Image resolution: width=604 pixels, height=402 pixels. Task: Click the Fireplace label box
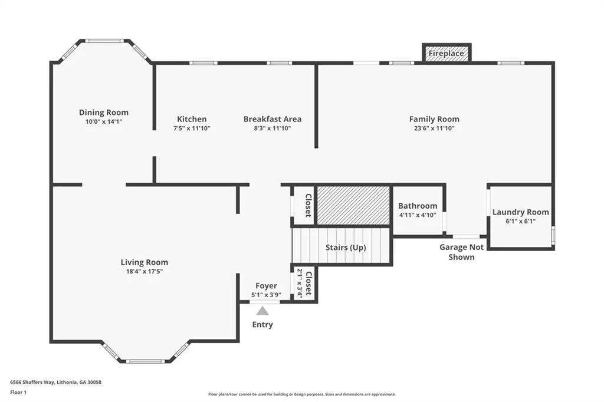pos(447,53)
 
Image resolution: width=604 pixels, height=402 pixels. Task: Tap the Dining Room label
pos(104,113)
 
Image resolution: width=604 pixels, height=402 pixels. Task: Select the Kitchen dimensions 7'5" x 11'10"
pos(192,128)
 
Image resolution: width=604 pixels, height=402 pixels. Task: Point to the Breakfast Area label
pos(273,119)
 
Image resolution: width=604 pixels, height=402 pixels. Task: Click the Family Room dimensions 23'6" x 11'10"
pos(434,128)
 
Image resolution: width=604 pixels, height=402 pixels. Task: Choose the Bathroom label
pos(418,206)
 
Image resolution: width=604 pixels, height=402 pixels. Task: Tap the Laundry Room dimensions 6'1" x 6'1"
pos(520,221)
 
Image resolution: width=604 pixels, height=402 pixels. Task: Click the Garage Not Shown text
pos(461,252)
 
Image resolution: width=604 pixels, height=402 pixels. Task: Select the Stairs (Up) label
pos(346,247)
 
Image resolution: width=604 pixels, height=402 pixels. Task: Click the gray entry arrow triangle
pos(262,311)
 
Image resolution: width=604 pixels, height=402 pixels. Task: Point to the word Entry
pos(262,325)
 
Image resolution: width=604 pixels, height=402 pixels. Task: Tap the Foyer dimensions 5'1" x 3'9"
pos(266,295)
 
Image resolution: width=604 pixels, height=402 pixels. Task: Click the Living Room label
pos(145,262)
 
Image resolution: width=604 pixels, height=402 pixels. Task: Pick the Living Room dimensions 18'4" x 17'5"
pos(145,272)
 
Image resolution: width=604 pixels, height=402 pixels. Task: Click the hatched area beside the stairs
pos(353,205)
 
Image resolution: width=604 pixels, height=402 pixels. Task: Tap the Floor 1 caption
pos(18,393)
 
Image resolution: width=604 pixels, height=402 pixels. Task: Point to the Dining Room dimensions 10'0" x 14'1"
pos(104,121)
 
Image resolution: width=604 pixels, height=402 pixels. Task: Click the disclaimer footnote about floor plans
pos(302,394)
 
